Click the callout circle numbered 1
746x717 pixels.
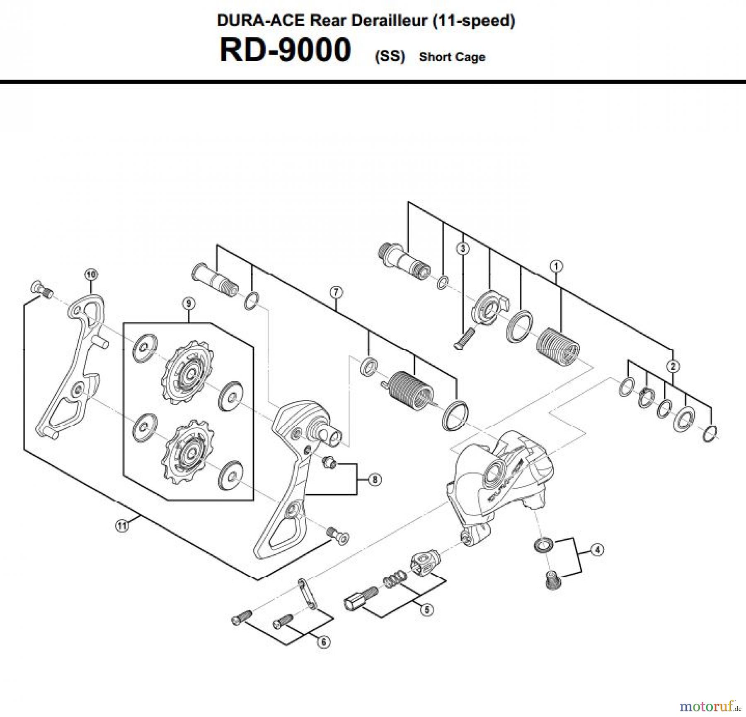pos(557,266)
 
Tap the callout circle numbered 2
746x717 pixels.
pos(673,366)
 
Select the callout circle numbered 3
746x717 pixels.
pos(463,248)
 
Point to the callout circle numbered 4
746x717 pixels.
pos(596,550)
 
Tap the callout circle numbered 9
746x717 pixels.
pos(189,303)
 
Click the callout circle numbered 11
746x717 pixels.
pos(121,526)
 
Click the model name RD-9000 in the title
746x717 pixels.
pos(285,50)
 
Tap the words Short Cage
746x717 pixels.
pos(452,57)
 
